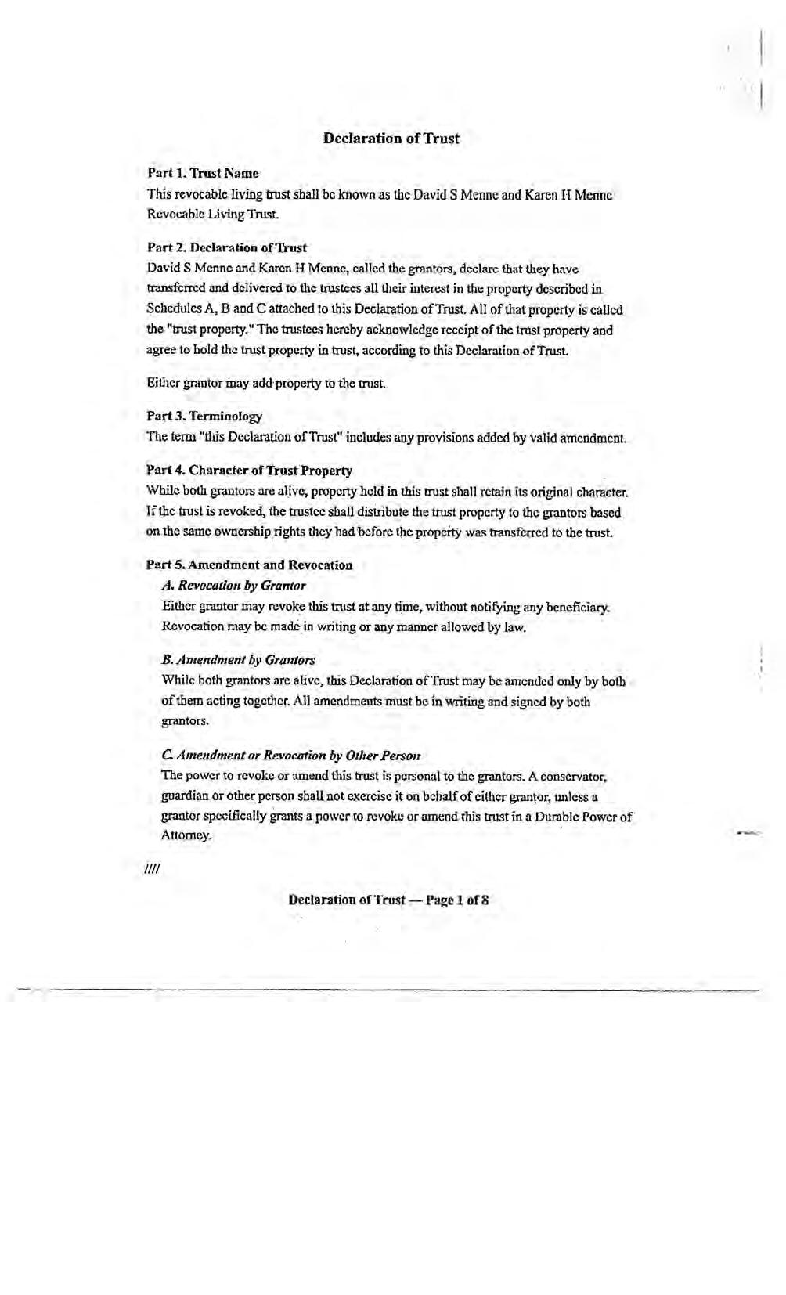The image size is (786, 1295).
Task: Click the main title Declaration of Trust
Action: coord(391,139)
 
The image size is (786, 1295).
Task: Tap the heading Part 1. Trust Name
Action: coord(203,173)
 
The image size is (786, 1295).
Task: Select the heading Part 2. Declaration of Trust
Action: coord(227,248)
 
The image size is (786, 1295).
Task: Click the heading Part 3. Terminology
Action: coord(204,417)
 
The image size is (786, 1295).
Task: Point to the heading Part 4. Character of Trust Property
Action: coord(249,471)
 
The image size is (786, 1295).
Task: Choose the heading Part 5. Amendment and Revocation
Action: coord(249,565)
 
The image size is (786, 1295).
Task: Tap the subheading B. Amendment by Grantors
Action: coord(238,660)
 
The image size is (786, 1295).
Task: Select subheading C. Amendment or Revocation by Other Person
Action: coord(290,756)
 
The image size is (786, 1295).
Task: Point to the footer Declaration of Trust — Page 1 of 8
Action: coord(389,900)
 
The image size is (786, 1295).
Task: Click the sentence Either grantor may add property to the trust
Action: coord(266,384)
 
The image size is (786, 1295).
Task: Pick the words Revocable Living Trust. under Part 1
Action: coord(213,214)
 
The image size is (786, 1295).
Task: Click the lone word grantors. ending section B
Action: coord(185,721)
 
